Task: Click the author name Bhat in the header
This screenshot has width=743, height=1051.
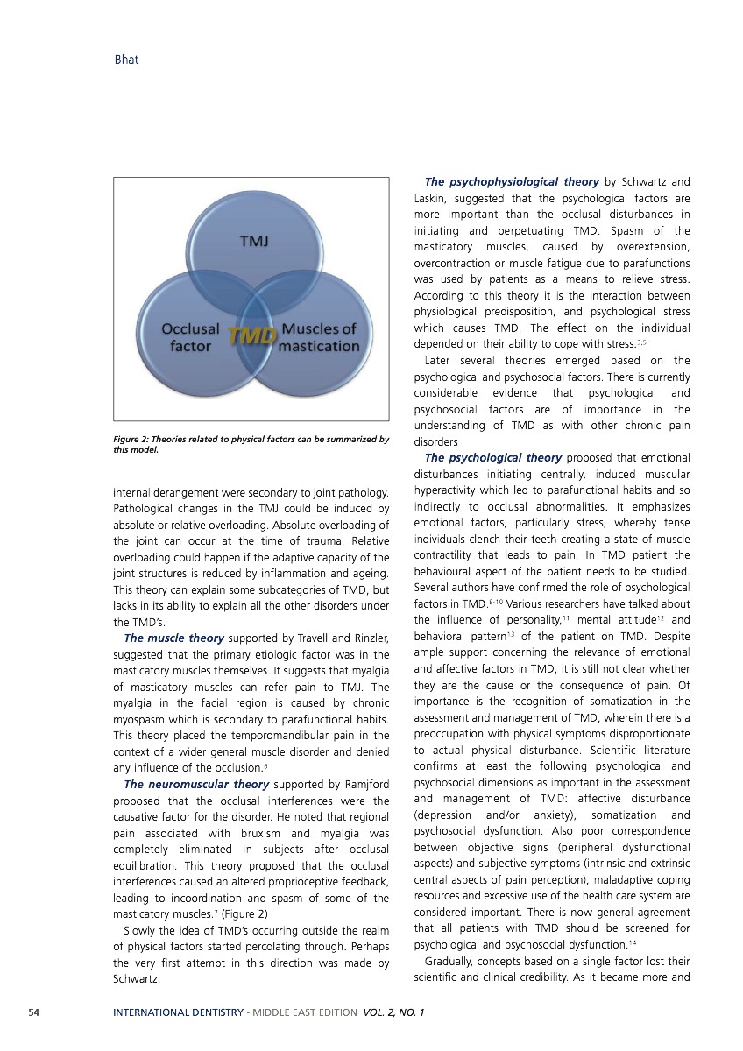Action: click(127, 60)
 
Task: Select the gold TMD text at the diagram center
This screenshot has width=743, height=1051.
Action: click(252, 336)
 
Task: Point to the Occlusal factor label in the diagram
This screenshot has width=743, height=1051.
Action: click(190, 337)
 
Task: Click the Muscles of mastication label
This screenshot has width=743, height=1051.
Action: click(319, 337)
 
